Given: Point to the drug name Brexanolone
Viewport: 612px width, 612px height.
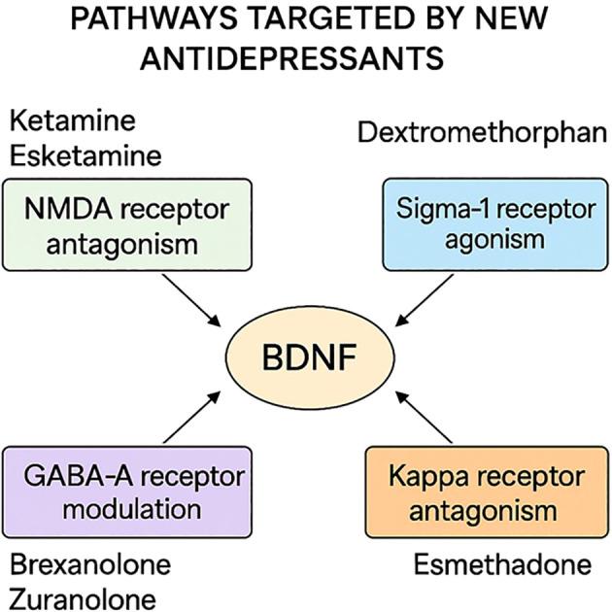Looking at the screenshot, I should pyautogui.click(x=88, y=563).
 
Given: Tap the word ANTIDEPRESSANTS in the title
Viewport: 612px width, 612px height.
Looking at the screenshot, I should pyautogui.click(x=293, y=58).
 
